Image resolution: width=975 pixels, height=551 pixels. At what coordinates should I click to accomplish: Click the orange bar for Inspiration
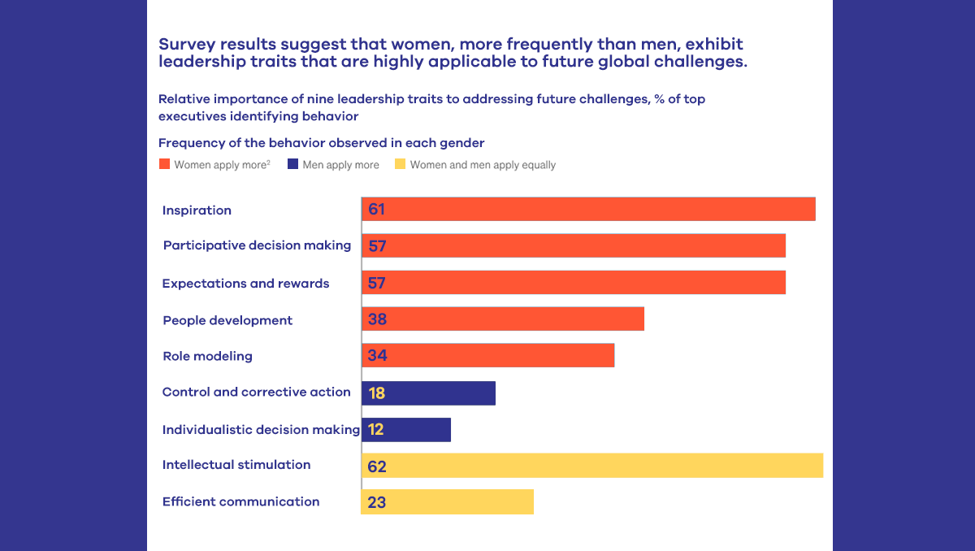point(588,209)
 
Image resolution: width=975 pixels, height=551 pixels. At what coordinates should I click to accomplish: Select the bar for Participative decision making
point(574,245)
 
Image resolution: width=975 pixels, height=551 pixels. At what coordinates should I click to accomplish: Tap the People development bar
point(503,319)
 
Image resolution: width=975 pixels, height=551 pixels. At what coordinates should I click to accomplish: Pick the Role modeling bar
point(487,355)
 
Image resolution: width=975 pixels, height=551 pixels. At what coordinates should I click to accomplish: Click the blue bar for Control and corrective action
point(428,393)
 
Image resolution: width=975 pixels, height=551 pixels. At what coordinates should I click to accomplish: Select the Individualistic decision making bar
point(406,429)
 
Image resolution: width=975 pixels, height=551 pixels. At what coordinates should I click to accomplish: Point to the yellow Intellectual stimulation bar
point(592,466)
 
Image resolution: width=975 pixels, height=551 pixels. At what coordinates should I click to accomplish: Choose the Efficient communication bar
point(448,501)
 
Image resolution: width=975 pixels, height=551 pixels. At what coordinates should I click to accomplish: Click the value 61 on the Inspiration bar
point(376,210)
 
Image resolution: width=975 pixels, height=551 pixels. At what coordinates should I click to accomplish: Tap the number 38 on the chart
point(377,319)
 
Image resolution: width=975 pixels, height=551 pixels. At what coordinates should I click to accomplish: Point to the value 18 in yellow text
point(376,393)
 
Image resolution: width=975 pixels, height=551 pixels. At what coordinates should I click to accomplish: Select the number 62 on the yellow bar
point(377,466)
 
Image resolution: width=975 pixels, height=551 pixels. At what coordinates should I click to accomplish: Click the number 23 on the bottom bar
point(377,502)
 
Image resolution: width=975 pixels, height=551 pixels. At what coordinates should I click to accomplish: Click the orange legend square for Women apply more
point(164,164)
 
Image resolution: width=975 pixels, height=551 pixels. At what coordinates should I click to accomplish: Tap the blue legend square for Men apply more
point(292,164)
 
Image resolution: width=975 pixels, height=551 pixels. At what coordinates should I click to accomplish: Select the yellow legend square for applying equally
point(400,164)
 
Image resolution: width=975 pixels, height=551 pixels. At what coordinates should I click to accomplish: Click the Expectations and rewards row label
point(245,284)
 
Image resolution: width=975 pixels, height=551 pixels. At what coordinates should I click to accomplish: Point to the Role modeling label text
point(207,356)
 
